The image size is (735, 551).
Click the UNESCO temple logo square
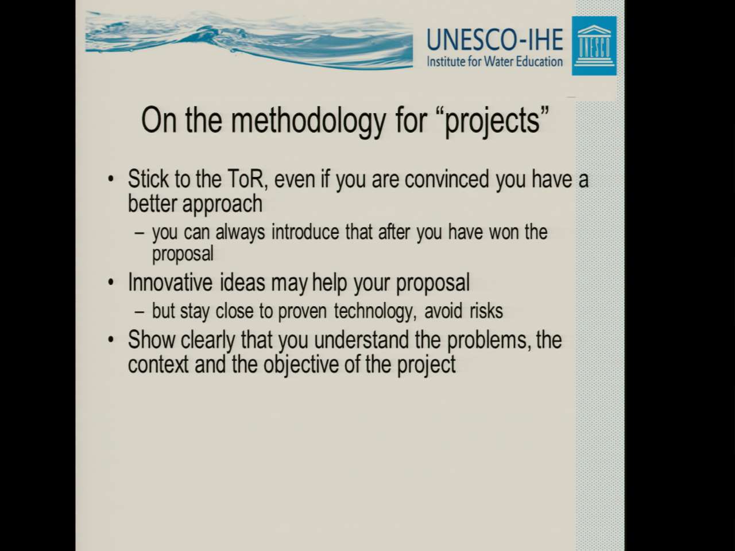coord(594,46)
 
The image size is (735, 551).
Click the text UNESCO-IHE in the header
coord(494,40)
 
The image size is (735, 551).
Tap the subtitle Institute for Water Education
coord(494,61)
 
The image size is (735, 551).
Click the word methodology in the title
coord(308,121)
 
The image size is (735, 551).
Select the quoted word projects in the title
coord(494,121)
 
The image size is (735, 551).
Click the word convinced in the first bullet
coord(447,179)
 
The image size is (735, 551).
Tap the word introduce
coord(305,232)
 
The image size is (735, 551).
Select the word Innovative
coord(170,282)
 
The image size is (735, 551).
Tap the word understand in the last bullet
coord(361,340)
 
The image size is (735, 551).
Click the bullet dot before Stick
coord(111,179)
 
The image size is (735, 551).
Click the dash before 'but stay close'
coord(140,312)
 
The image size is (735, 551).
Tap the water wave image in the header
coord(249,40)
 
